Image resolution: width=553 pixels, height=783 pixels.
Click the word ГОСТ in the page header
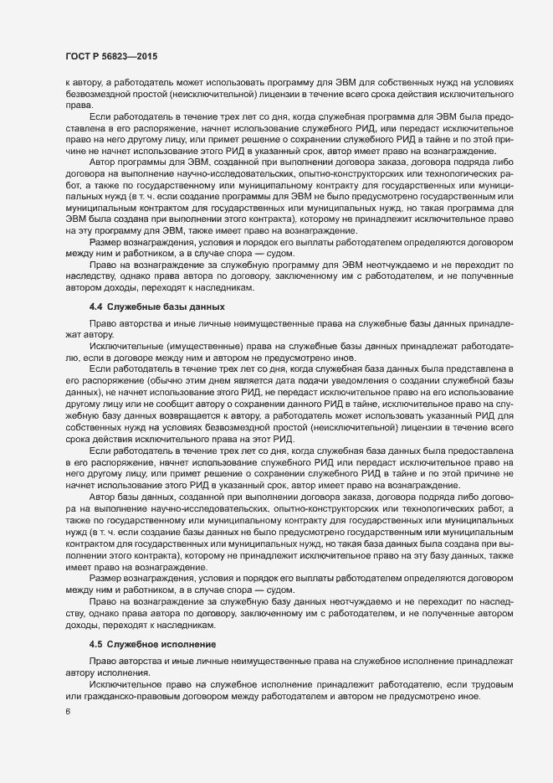[x=79, y=56]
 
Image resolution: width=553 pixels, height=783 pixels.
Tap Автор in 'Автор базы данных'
[x=104, y=499]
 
